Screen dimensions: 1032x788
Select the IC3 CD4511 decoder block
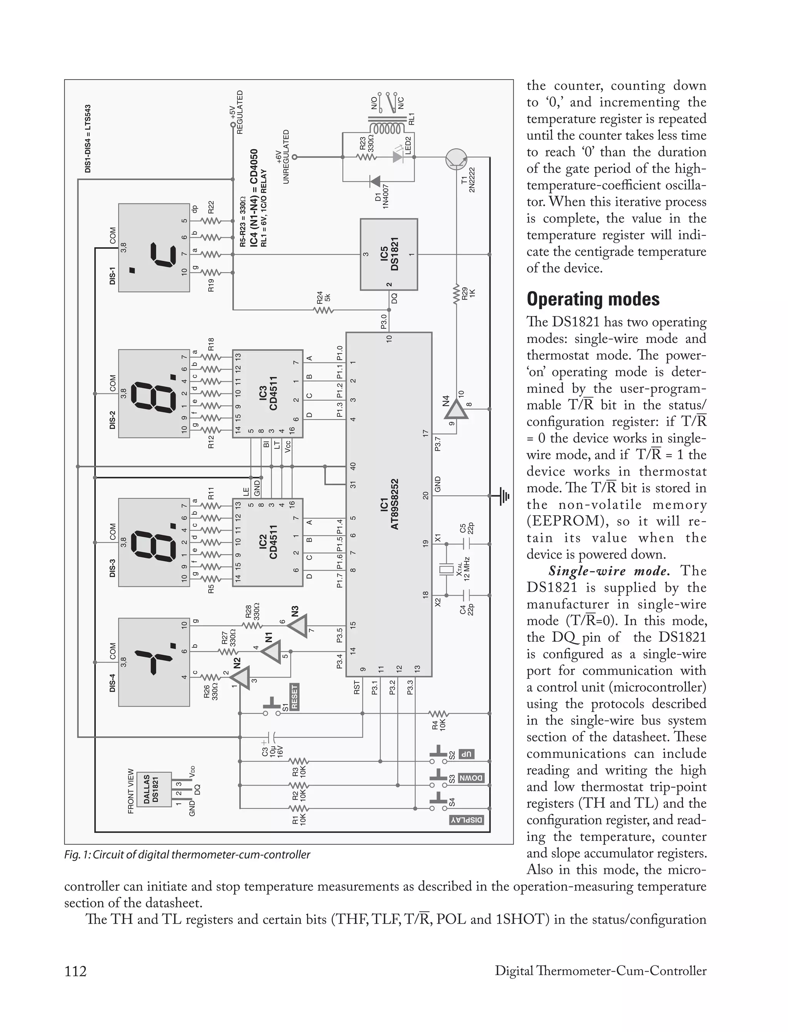pos(267,393)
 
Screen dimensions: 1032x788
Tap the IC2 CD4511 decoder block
pos(267,542)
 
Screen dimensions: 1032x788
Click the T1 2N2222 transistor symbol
pos(456,158)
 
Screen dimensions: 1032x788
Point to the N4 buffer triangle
pos(456,411)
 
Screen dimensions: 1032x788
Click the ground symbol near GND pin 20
pos(504,496)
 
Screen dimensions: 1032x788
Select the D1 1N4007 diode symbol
pos(375,180)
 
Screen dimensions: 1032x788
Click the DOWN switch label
pos(471,778)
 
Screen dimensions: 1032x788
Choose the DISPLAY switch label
pos(467,820)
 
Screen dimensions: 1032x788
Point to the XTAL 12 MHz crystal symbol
pos(446,570)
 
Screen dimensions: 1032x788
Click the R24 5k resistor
pos(323,310)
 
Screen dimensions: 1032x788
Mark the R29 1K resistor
pos(456,294)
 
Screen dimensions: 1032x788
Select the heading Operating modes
pos(593,299)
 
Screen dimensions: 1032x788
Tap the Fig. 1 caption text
pos(187,854)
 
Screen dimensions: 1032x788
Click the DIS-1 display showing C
pos(154,248)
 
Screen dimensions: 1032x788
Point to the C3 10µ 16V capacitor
pos(270,737)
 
